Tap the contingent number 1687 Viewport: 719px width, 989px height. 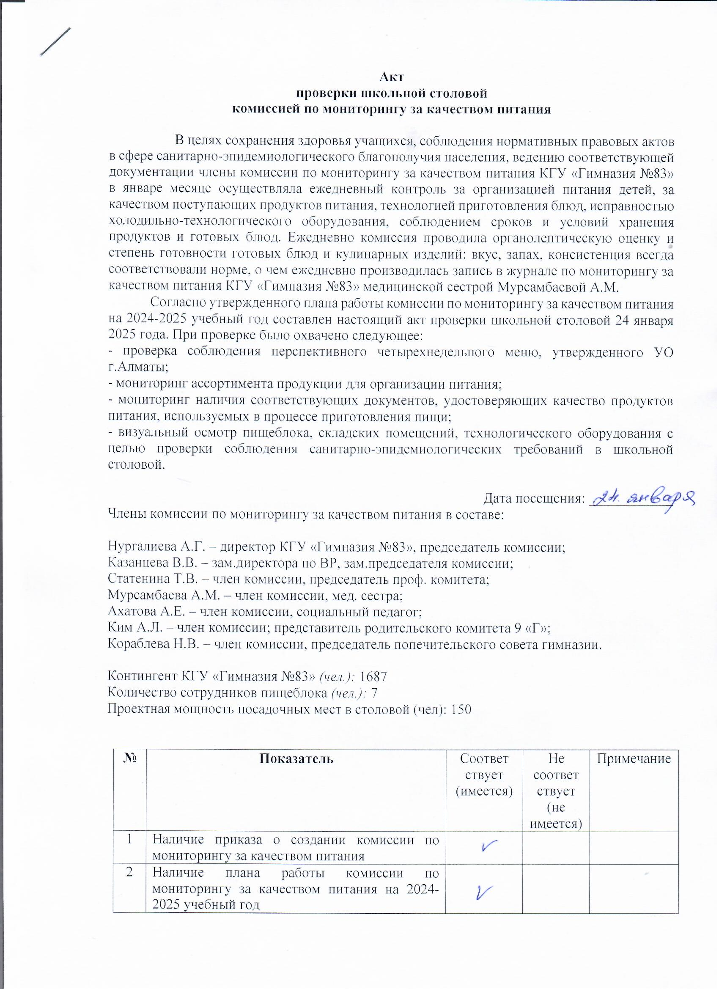point(372,676)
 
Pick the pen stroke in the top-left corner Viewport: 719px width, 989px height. point(55,42)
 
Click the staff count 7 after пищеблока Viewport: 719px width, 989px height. point(374,693)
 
